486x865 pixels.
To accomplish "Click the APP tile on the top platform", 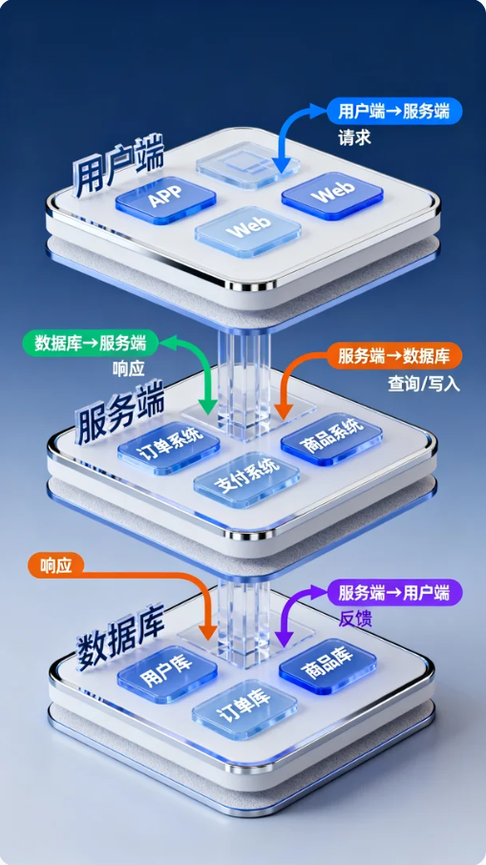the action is point(165,200).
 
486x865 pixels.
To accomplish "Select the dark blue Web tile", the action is point(332,196).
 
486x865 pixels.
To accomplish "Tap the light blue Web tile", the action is point(248,232).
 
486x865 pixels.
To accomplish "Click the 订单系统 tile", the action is point(169,447).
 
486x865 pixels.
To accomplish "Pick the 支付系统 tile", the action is point(246,479).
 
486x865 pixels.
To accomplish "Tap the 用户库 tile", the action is point(167,674).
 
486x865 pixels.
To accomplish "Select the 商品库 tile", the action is point(328,666).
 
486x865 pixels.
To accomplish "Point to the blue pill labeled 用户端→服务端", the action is point(394,113).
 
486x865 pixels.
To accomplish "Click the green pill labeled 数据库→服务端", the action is point(91,343).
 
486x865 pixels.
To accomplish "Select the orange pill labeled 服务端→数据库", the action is point(394,356).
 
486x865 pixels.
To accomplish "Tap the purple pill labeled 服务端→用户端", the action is point(394,593).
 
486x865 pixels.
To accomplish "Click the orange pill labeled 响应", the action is point(56,565).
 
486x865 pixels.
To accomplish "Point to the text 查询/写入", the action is point(424,384).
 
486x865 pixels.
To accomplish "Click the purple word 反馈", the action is point(355,619).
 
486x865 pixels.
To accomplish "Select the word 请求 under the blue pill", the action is point(354,137).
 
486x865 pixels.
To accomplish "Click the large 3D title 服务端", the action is point(119,415).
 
